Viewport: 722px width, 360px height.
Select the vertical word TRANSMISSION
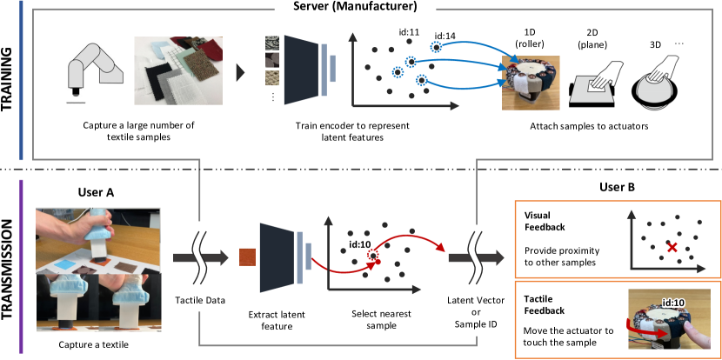9,268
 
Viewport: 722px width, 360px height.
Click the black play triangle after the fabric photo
240,73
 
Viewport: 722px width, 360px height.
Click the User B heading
618,187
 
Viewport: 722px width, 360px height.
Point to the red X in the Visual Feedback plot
672,248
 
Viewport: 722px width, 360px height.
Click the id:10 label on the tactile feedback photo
672,303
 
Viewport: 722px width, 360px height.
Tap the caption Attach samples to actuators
589,125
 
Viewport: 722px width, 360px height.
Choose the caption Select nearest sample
381,319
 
